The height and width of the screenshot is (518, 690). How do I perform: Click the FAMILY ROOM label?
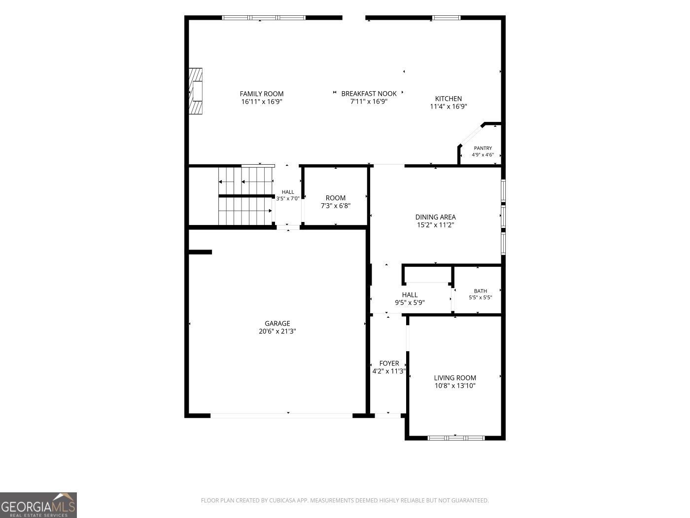[262, 94]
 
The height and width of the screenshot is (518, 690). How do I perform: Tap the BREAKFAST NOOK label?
[369, 93]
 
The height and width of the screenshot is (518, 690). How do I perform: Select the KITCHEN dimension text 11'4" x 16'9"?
[448, 106]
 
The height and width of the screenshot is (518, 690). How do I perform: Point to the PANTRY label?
[483, 148]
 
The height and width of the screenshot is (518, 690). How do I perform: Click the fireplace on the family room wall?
[195, 91]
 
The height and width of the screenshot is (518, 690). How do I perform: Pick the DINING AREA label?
[435, 217]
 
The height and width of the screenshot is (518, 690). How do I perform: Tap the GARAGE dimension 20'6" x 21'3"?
[277, 331]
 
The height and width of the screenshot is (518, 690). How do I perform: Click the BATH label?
[481, 291]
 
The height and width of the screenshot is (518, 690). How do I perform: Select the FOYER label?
[389, 363]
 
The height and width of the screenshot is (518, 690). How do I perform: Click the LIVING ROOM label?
[455, 378]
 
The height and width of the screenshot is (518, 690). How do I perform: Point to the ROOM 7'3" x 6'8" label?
[336, 202]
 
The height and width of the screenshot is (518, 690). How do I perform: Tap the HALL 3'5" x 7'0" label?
[288, 195]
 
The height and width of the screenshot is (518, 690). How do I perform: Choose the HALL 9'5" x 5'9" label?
[410, 298]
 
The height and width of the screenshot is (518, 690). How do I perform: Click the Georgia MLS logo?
[38, 505]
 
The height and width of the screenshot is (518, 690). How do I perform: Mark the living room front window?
[456, 438]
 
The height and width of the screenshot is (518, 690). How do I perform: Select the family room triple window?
[264, 18]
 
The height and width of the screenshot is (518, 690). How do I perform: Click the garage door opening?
[281, 416]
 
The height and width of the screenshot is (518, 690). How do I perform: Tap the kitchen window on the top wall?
[446, 18]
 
